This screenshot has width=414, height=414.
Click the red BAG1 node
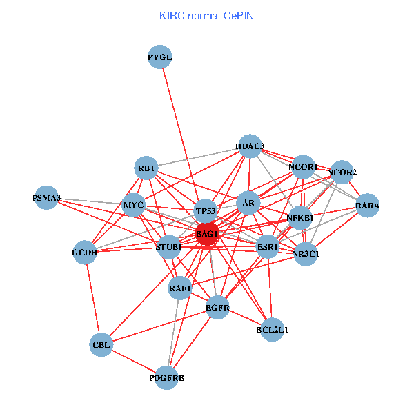click(207, 233)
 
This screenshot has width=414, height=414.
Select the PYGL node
click(160, 57)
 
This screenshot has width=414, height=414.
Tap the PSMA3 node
click(47, 198)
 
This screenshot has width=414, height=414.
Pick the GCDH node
click(85, 252)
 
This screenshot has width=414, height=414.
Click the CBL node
click(100, 344)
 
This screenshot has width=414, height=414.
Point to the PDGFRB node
click(167, 377)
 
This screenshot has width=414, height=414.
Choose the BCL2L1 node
click(273, 329)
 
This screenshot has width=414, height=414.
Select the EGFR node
click(217, 307)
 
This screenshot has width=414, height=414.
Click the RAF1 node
click(180, 288)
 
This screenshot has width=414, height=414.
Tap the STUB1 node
click(169, 246)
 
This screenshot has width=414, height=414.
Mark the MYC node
click(133, 206)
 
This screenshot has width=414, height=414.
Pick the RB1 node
click(147, 168)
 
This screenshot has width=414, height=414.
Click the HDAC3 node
click(250, 146)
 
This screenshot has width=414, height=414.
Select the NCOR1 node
click(304, 167)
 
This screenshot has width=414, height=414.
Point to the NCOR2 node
click(342, 172)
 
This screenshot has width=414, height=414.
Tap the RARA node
click(368, 206)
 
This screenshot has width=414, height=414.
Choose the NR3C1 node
click(306, 254)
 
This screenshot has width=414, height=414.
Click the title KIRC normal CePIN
click(206, 15)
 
